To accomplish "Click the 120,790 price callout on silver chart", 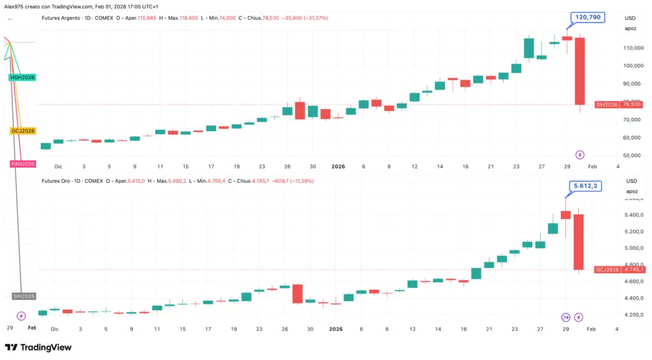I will click(x=586, y=18).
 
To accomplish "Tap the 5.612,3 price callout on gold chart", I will click(x=584, y=186).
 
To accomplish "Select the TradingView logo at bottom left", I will click(x=38, y=347).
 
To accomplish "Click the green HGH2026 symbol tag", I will click(x=22, y=77).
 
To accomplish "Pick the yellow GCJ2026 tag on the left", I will click(x=22, y=131).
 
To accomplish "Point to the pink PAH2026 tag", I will click(x=22, y=164).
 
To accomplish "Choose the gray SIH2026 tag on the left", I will click(x=24, y=296).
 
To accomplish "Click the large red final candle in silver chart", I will click(x=580, y=71).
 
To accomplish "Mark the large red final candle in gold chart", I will click(x=579, y=241).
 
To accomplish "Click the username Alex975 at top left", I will click(x=14, y=6).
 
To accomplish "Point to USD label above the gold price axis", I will click(x=631, y=181).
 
